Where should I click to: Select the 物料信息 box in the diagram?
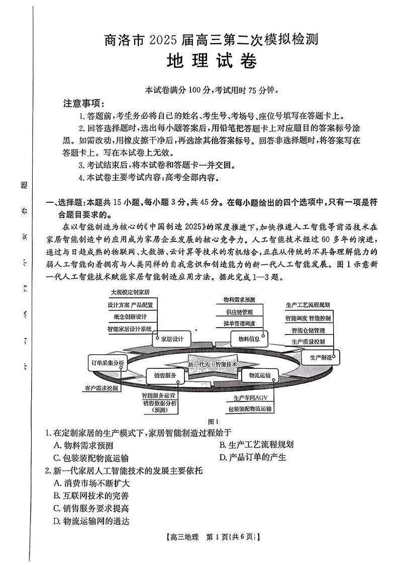249,339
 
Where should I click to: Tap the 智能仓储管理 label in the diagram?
308,330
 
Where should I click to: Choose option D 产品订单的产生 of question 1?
252,457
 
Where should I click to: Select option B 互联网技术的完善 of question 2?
90,496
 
